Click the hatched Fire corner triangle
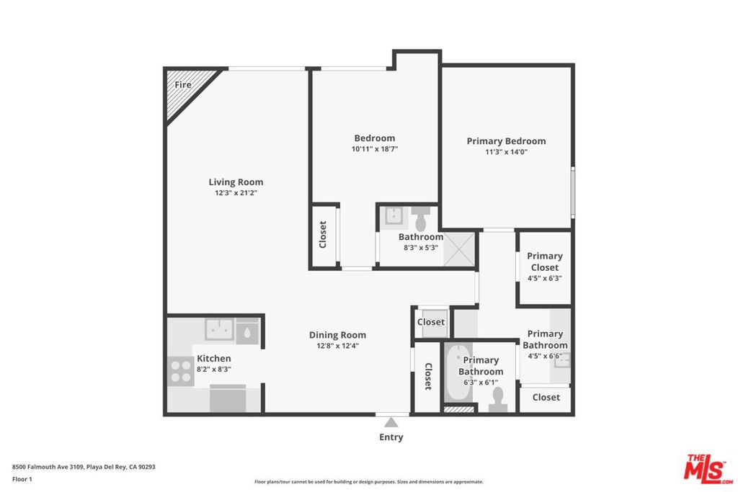(184, 89)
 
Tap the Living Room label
(236, 182)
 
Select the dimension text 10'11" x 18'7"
(375, 149)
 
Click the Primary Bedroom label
(506, 141)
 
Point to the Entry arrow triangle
(391, 422)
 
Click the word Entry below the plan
(391, 437)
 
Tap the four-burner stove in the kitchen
(181, 371)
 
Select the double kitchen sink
(219, 329)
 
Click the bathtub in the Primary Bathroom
(458, 373)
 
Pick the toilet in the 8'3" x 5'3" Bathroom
(421, 218)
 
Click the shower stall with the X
(459, 249)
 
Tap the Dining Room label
(337, 335)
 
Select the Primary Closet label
(545, 261)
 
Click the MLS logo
(708, 469)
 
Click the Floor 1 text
(22, 479)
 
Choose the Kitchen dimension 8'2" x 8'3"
(213, 370)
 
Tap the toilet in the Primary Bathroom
(497, 400)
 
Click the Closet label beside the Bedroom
(323, 234)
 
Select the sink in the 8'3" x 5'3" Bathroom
(393, 216)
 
